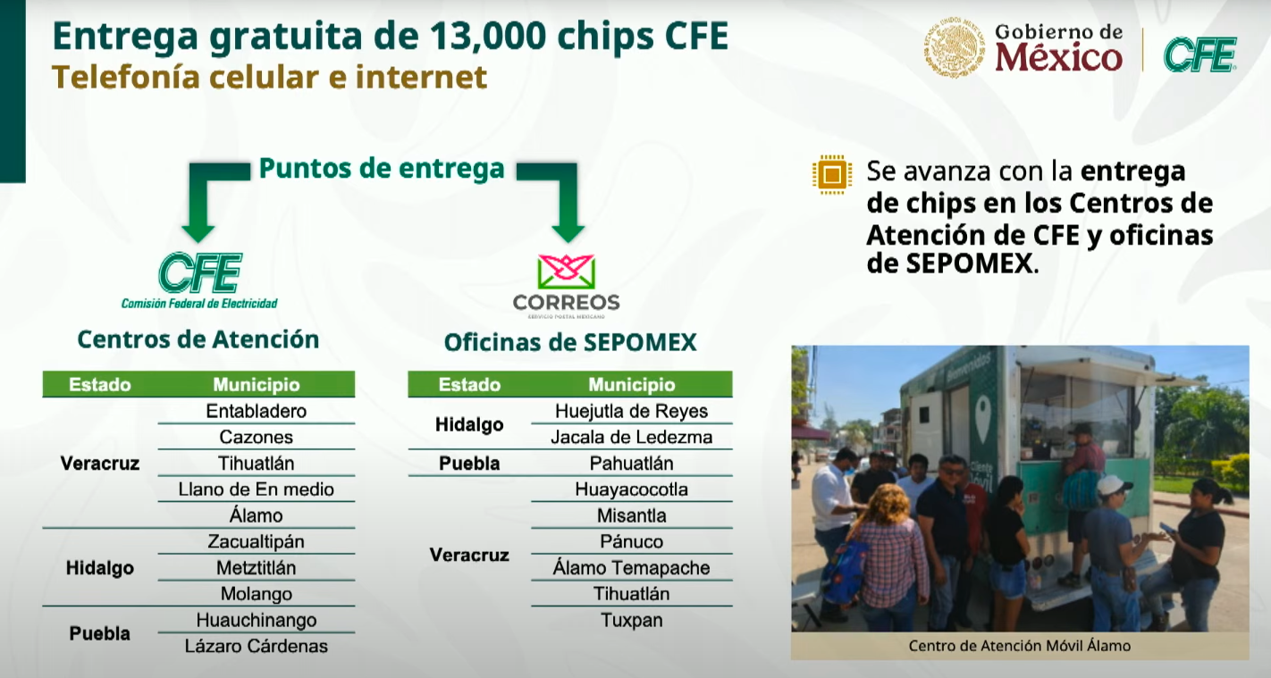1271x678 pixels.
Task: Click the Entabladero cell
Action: tap(256, 411)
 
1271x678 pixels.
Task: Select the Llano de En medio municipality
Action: tap(256, 490)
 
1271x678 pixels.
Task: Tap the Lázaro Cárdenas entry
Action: tap(256, 646)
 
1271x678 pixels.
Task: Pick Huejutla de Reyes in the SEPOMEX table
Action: tap(632, 411)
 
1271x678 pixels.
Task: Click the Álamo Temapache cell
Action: tap(632, 567)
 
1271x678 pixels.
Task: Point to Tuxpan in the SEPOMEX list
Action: tap(632, 620)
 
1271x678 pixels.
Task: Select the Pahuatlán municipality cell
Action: tap(632, 463)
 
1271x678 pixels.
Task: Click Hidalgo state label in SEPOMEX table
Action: tap(469, 424)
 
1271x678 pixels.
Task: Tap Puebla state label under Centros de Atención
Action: tap(100, 633)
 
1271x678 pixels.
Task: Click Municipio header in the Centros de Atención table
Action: tap(256, 385)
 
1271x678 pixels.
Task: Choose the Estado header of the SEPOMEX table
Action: tap(469, 385)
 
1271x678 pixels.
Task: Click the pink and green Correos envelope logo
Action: tap(567, 272)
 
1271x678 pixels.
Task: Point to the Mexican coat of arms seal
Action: tap(955, 47)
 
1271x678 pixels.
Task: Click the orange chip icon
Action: tap(832, 174)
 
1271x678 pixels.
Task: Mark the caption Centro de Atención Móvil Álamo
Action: tap(1020, 646)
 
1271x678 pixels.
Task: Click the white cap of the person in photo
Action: tap(1113, 485)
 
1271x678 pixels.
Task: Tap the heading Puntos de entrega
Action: tap(382, 168)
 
